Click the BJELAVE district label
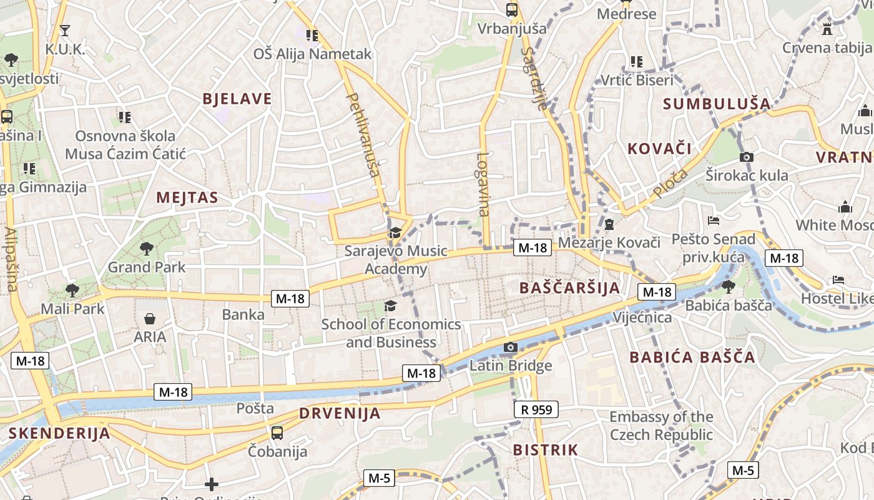click(237, 99)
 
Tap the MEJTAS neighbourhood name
click(187, 198)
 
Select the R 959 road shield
click(536, 409)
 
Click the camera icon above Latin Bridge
click(511, 347)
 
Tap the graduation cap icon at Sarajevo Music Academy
click(395, 233)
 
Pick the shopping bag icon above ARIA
click(150, 319)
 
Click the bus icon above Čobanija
click(277, 432)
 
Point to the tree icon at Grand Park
click(147, 249)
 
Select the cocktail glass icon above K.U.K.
click(64, 30)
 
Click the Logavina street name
click(483, 184)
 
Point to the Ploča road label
click(671, 183)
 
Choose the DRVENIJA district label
click(340, 413)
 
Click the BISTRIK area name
click(546, 450)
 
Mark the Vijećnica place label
click(642, 317)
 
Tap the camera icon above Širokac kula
click(746, 157)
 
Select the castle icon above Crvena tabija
click(828, 29)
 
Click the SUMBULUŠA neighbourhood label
click(717, 104)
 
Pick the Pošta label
click(255, 409)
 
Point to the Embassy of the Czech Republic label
click(661, 426)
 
